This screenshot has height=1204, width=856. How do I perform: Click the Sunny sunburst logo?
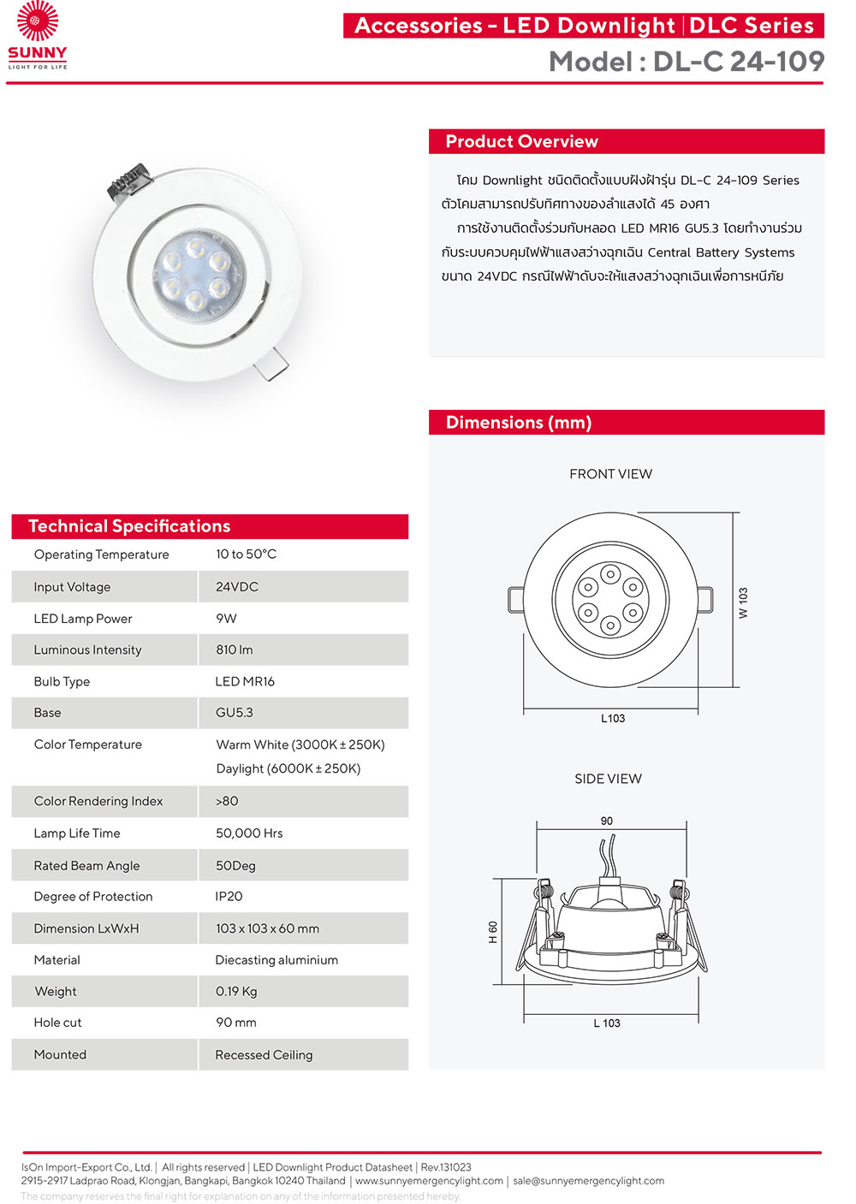pos(38,23)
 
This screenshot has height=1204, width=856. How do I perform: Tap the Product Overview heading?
pos(521,142)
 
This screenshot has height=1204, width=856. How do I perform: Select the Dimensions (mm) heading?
pos(519,423)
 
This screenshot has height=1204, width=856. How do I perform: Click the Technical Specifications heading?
pos(129,526)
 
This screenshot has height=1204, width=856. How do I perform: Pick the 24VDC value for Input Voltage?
pos(237,587)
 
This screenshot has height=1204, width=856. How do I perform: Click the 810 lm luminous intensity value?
pos(235,650)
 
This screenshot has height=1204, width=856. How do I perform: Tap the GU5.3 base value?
pos(235,713)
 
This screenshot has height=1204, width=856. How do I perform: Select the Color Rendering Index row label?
pos(98,802)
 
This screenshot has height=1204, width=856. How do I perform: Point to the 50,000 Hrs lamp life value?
pos(249,833)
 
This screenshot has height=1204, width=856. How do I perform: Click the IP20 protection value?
pos(229,897)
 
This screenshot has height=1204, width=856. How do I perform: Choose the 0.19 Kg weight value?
pos(236,992)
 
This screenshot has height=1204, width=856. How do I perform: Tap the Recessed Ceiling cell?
pos(264,1055)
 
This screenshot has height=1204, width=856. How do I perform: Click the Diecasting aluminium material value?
pos(276,960)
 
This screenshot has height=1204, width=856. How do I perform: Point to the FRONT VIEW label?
pos(610,474)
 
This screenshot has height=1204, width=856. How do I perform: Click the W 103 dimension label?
pos(743,602)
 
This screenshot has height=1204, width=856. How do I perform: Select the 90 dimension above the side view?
pos(607,821)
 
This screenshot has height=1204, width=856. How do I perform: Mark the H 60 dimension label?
pos(493,932)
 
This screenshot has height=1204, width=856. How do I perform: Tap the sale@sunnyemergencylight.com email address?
pos(588,1181)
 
